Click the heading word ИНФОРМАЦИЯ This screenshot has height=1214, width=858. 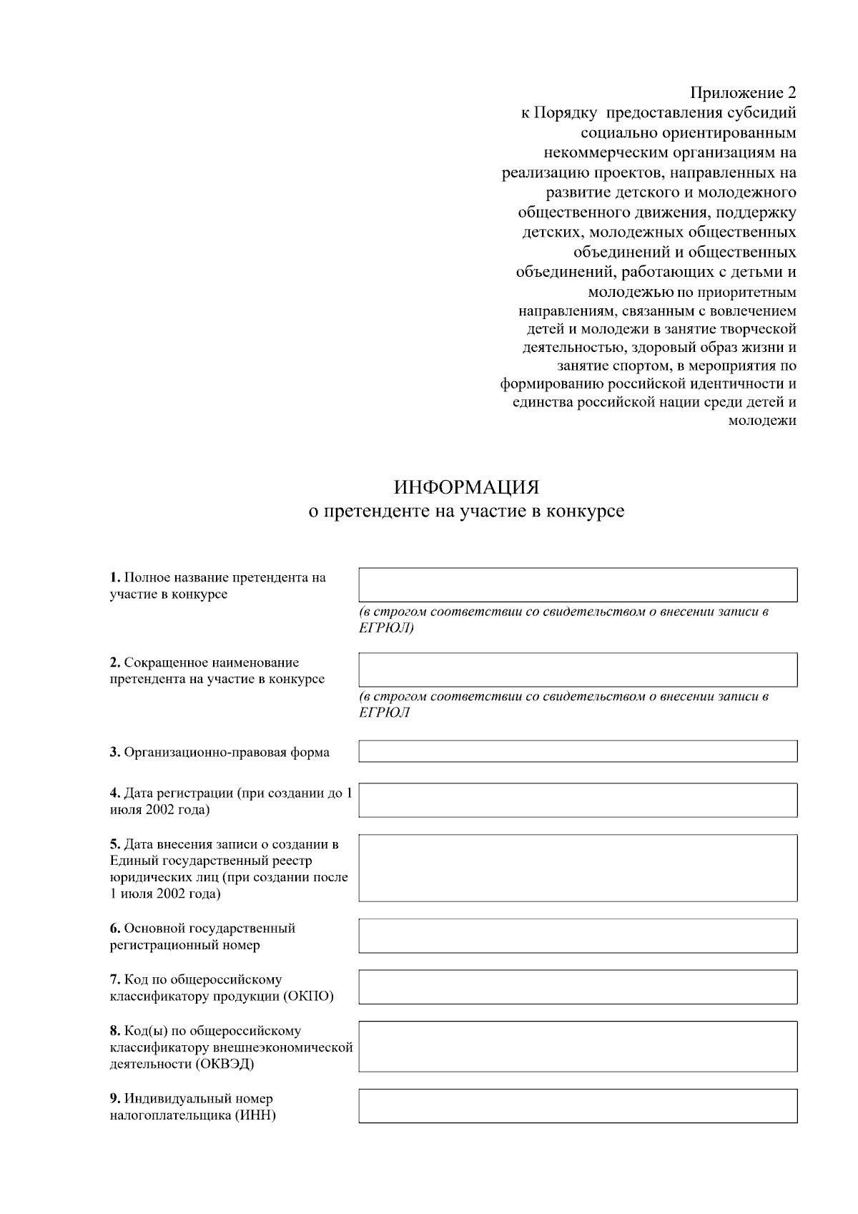click(466, 488)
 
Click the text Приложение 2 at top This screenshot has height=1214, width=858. click(743, 93)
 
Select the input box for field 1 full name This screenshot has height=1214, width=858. click(578, 584)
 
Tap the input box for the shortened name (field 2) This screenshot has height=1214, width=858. click(578, 670)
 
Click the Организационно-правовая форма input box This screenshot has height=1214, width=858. click(578, 751)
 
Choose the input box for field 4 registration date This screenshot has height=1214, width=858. click(578, 800)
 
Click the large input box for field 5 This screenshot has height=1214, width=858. click(578, 868)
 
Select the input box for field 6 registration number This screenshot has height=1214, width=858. click(578, 936)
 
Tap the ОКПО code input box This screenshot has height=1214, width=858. click(578, 987)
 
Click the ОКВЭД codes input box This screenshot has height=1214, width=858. click(578, 1046)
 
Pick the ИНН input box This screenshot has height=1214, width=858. click(578, 1106)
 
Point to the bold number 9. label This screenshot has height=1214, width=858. click(115, 1099)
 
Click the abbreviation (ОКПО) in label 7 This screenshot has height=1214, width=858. click(309, 997)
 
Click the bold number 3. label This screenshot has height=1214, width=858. click(115, 753)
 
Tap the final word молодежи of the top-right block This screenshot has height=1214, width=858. click(761, 421)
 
